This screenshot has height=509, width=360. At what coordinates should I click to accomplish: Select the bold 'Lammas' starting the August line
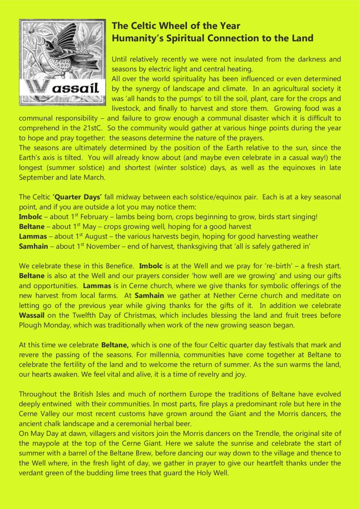(x=32, y=236)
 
